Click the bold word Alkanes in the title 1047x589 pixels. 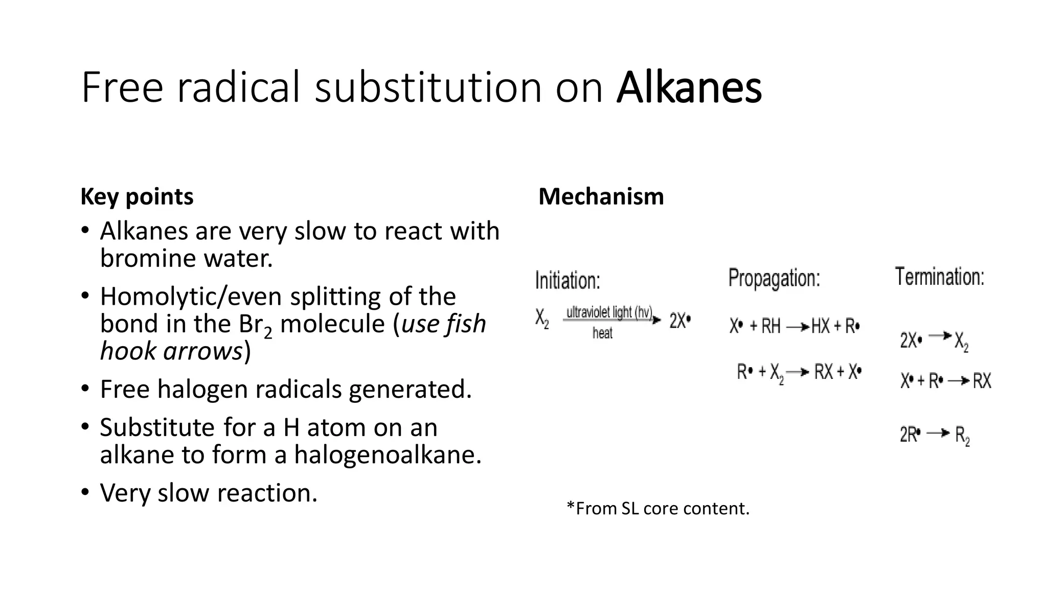689,88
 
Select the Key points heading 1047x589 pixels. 137,197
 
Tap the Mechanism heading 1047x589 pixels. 601,197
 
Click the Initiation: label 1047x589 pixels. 567,281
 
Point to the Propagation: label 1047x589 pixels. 774,279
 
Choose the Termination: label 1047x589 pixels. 940,277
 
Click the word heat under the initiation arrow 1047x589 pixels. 602,333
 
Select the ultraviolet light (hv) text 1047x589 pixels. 608,312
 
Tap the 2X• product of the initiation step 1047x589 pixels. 680,321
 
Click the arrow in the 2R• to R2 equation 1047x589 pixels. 938,434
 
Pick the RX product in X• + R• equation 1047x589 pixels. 982,381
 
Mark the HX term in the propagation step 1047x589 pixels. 821,326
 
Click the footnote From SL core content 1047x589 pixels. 658,508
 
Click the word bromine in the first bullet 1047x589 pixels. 148,258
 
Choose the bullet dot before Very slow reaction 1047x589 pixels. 85,492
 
